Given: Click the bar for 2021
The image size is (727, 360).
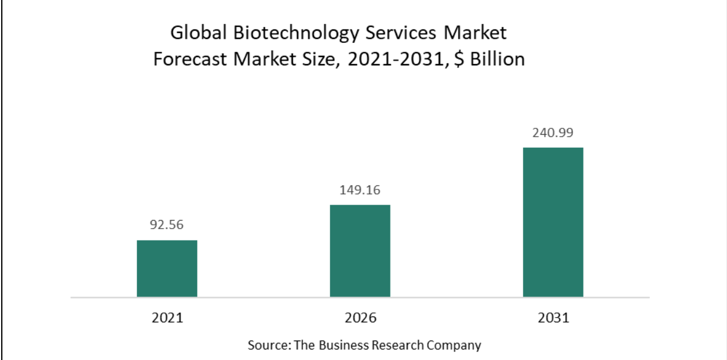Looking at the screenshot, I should tap(167, 268).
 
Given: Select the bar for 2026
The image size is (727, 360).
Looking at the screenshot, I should tap(360, 251).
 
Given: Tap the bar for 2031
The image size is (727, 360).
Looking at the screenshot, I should tap(553, 222).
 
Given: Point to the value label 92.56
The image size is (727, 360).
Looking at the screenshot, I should tap(167, 225).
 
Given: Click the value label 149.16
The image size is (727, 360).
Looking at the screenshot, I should tap(360, 190).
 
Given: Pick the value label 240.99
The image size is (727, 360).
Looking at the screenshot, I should tap(553, 132).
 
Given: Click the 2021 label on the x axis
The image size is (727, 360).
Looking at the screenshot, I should tap(167, 318).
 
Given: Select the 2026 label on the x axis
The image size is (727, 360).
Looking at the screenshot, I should tap(360, 318).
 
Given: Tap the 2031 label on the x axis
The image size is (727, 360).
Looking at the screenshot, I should tap(553, 318).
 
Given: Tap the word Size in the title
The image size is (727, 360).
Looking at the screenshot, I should tap(316, 59).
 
